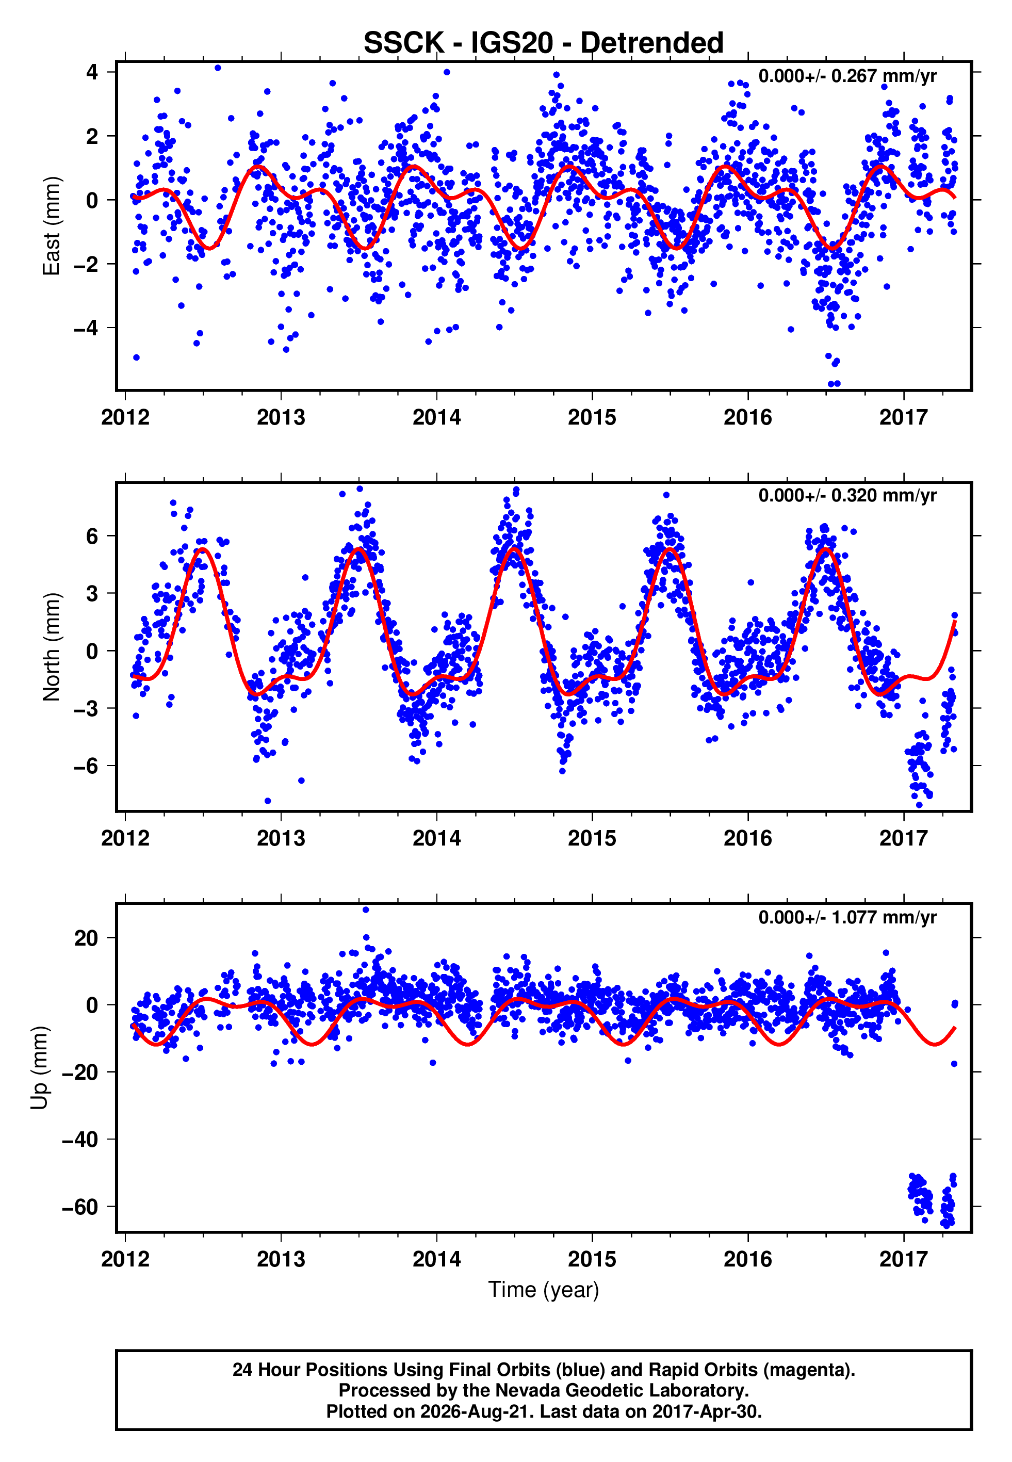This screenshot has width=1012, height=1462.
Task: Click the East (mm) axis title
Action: pos(52,226)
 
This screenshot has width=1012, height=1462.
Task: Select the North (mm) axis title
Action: pos(52,647)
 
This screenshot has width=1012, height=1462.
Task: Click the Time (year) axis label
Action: pos(544,1290)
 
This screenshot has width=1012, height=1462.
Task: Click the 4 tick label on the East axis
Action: pos(92,72)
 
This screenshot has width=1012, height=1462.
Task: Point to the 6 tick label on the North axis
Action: pos(92,535)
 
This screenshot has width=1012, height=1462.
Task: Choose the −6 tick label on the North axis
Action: pos(86,766)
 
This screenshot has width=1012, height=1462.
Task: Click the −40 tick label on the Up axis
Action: pos(80,1139)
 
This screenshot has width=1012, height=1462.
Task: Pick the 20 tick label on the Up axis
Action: pos(86,938)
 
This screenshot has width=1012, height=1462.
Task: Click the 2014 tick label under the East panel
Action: pos(437,417)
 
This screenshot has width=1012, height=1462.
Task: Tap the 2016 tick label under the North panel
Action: pos(748,838)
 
